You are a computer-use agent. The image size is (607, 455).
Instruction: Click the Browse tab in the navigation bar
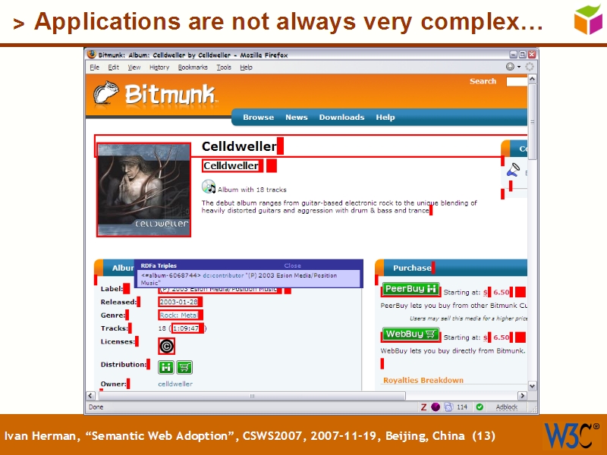258,118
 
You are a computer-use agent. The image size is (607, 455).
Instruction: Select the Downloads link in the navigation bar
341,118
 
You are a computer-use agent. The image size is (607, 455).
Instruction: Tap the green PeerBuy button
410,289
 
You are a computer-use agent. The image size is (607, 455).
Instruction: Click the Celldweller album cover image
143,190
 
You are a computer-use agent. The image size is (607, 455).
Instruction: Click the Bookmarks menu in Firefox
193,67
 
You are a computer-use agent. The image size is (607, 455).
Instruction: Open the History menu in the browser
159,67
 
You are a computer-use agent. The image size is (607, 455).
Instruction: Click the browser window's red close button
533,55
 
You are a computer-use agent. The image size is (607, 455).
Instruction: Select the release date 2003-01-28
178,302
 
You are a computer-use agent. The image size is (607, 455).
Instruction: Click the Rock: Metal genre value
178,315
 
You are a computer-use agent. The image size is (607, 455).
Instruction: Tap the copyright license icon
166,347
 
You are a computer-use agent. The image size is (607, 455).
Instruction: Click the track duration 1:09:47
186,328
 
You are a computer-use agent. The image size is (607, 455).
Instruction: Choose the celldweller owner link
175,384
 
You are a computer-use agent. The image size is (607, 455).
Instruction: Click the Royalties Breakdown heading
423,380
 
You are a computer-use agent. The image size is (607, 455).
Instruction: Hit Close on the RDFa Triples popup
292,266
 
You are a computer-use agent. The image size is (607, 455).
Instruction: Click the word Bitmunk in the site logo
170,95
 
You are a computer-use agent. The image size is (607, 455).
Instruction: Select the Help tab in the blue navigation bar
385,118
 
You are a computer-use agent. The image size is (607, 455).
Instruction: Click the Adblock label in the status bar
507,407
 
